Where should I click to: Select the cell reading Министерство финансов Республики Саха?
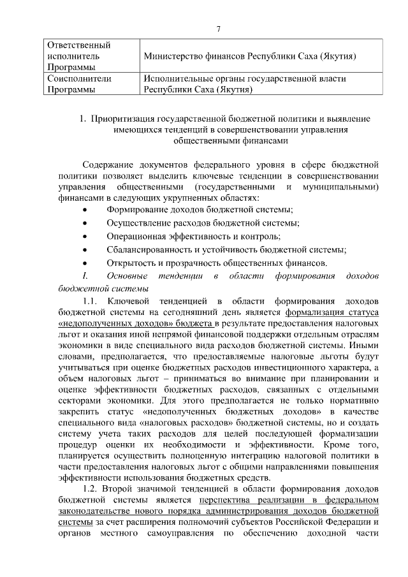pos(249,57)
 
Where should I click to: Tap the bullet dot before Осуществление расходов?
pos(85,223)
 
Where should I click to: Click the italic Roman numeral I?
pos(84,275)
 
